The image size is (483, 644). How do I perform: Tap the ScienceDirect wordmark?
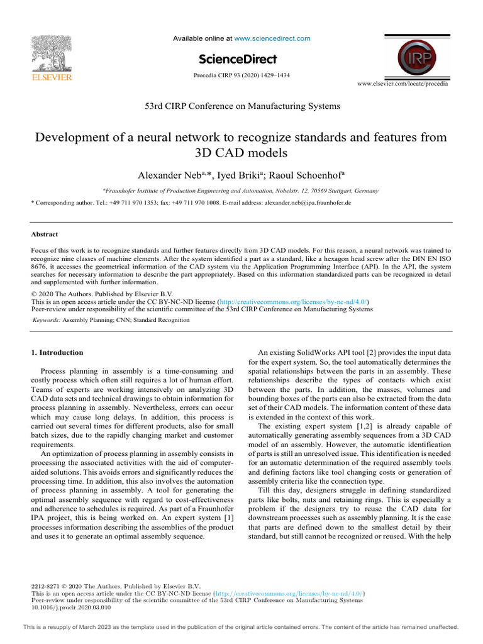point(238,59)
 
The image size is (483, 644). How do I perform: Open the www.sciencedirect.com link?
point(272,39)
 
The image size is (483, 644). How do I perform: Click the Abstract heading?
point(44,234)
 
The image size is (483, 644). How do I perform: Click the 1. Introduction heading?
point(57,352)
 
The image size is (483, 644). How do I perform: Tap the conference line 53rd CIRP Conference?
point(241,106)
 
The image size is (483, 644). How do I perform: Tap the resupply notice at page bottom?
point(241,627)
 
